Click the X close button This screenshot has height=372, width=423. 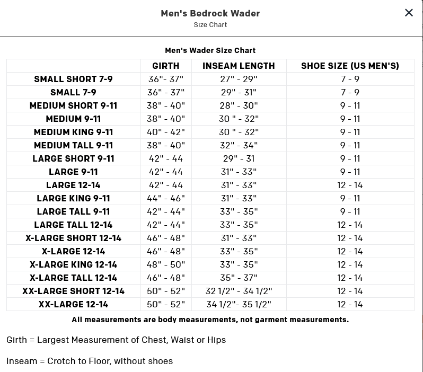tap(409, 13)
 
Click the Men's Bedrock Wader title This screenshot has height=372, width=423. tap(210, 13)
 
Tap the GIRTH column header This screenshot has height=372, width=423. tap(166, 66)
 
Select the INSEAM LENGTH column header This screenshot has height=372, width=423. tap(239, 66)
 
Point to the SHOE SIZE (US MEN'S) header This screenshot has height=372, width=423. tap(350, 66)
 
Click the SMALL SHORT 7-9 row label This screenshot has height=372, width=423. tap(73, 79)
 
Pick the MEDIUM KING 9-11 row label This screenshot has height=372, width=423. tap(73, 132)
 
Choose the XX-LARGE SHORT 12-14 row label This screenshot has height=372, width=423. tap(73, 291)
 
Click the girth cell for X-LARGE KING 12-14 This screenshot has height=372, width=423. tap(166, 264)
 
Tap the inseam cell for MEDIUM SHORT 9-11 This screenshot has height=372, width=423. tap(239, 105)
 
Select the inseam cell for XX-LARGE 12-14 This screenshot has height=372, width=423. tap(239, 304)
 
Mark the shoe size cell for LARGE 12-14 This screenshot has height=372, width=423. tap(350, 185)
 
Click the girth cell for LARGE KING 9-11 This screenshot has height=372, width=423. tap(166, 198)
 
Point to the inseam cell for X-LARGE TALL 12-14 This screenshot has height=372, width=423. tap(239, 278)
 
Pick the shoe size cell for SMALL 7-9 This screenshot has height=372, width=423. tap(350, 92)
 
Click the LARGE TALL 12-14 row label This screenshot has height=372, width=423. tap(73, 225)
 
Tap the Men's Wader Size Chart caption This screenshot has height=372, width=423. tap(210, 50)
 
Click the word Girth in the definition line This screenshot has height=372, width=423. tap(16, 340)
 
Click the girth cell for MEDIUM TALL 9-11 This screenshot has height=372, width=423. tap(166, 145)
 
